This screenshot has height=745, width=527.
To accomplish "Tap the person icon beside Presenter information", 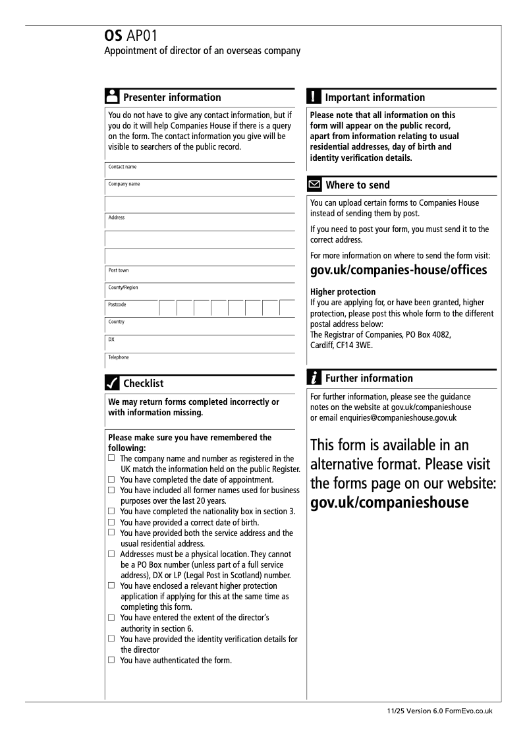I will (x=112, y=96).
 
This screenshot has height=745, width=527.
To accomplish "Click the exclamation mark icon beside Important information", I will (x=314, y=96).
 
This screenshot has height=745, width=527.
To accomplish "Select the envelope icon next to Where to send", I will (x=314, y=185).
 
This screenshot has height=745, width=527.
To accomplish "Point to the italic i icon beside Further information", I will (x=314, y=378).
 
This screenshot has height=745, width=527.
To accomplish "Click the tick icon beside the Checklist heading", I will (x=112, y=383).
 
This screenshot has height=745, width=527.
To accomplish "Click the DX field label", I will (x=111, y=340).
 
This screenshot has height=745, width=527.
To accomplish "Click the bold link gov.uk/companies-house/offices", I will (x=398, y=270).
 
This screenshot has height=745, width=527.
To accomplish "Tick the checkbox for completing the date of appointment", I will (x=111, y=480).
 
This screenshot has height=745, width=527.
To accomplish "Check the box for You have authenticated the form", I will (x=111, y=660).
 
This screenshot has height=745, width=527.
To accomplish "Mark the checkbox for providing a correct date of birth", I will (x=111, y=522).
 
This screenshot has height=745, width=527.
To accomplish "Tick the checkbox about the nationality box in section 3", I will (x=111, y=511).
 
